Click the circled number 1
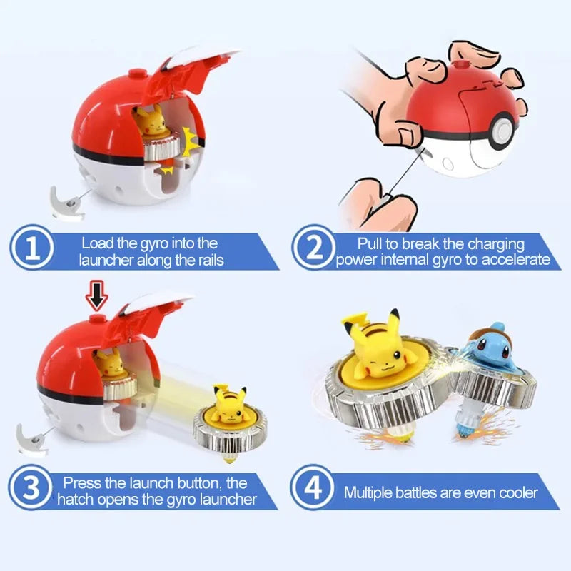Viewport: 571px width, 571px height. (x=31, y=248)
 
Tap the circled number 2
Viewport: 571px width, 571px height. (x=313, y=248)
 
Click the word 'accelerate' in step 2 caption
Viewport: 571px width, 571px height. (x=517, y=260)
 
